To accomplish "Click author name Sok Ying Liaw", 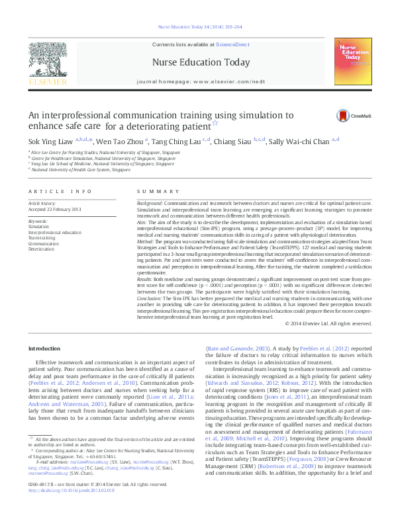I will pos(50,140).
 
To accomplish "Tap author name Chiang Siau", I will pos(238,140).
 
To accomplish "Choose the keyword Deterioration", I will pos(41,249).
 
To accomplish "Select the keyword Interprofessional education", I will pos(54,233).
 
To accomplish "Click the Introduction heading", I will pos(44,348).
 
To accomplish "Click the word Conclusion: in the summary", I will pos(150,300).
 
